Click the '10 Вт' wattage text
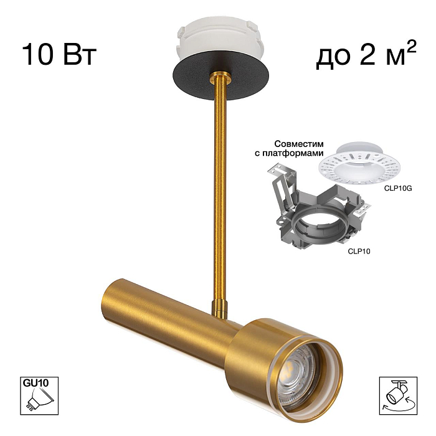[59, 54]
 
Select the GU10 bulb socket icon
[39, 396]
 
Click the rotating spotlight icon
[398, 396]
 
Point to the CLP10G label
[398, 188]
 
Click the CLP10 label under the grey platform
[359, 252]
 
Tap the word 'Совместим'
[299, 144]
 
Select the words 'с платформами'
[289, 153]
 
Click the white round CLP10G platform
[359, 164]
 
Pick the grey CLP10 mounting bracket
[317, 211]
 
